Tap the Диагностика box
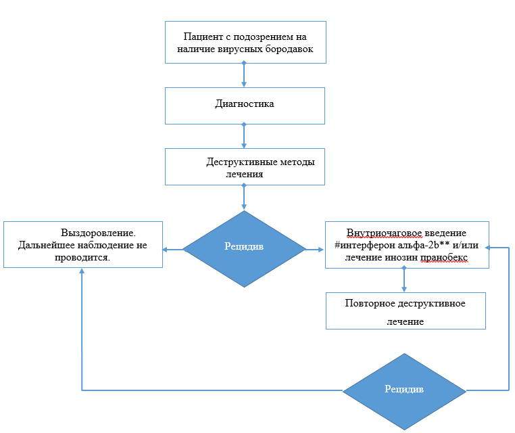point(245,104)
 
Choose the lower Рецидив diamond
point(404,390)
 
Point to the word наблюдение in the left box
point(107,245)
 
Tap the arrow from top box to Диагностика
point(244,74)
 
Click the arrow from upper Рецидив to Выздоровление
point(173,250)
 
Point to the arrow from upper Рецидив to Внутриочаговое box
point(315,250)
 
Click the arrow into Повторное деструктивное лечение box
point(404,280)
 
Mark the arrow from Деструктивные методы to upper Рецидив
point(244,198)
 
